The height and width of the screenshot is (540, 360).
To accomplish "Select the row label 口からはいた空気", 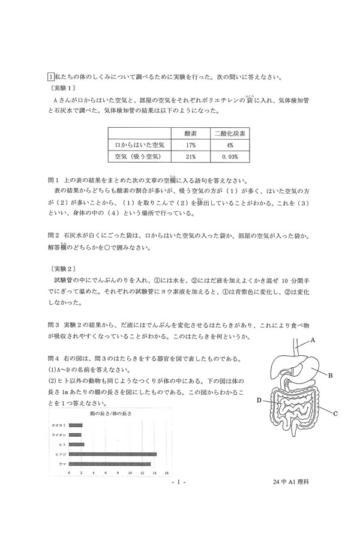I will pyautogui.click(x=140, y=145).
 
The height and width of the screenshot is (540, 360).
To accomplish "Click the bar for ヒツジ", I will pyautogui.click(x=113, y=454).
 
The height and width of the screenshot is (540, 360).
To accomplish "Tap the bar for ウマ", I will pyautogui.click(x=110, y=464).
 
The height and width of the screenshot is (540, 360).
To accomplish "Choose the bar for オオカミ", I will pyautogui.click(x=76, y=425).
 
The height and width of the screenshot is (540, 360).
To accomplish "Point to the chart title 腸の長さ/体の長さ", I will pyautogui.click(x=112, y=414).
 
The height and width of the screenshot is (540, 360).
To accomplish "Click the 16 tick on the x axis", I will pyautogui.click(x=165, y=472).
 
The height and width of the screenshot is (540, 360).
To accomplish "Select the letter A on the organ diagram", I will pyautogui.click(x=313, y=340).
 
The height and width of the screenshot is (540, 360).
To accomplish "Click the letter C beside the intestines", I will pyautogui.click(x=335, y=413).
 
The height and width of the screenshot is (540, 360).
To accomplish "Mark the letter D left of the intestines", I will pyautogui.click(x=258, y=400).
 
